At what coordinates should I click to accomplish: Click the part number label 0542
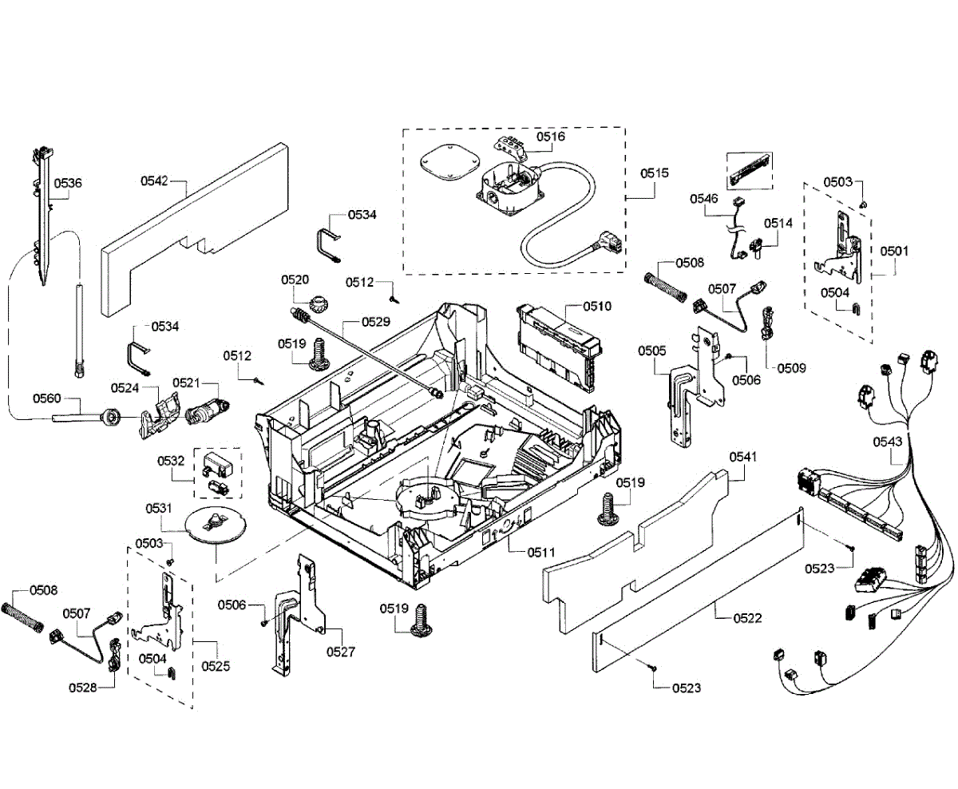click(x=153, y=181)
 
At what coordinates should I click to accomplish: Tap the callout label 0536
click(x=68, y=183)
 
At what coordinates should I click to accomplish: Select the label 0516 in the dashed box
click(x=550, y=137)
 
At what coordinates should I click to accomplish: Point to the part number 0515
click(x=655, y=172)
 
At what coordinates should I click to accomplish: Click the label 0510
click(x=596, y=306)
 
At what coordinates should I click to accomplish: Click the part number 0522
click(x=746, y=618)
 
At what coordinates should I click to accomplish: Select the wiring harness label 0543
click(x=888, y=441)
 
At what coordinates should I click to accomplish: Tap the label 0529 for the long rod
click(x=375, y=322)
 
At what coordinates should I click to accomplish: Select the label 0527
click(x=341, y=652)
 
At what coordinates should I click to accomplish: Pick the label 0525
click(x=213, y=665)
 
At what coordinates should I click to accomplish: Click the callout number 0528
click(x=82, y=687)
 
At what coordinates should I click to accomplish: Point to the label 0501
click(x=894, y=251)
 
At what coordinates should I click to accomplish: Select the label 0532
click(x=171, y=461)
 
